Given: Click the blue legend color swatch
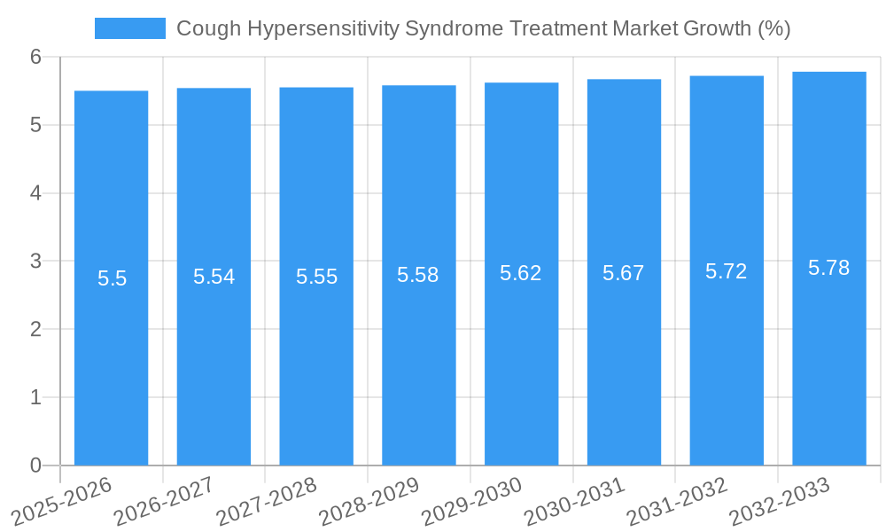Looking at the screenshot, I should point(129,28).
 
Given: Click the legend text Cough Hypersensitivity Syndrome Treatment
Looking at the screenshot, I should point(483,28).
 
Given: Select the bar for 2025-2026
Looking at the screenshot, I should point(111,355).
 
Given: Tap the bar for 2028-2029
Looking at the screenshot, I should point(419,355).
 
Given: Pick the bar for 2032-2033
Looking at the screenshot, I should point(829,355).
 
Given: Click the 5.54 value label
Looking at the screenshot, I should point(214,277).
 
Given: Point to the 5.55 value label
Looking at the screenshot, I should point(316,277).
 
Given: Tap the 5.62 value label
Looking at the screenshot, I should point(521,273).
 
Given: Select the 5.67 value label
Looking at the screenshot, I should point(624,273).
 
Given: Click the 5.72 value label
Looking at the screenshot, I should point(727,271).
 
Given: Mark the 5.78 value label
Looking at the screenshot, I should point(829,268).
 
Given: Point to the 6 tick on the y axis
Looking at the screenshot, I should point(35,57).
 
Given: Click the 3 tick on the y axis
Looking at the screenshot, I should point(35,261).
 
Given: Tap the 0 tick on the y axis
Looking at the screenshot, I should point(35,465).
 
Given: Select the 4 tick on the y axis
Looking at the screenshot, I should point(35,193).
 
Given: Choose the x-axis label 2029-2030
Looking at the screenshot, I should point(471,502).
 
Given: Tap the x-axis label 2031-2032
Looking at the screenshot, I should point(677,502).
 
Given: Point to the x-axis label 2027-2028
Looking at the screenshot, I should point(267,502).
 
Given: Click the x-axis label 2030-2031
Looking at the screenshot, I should point(574,502).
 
